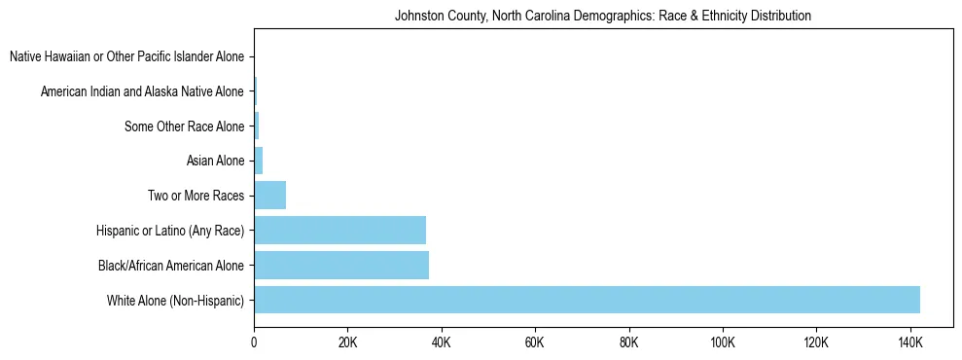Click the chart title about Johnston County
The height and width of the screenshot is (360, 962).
602,17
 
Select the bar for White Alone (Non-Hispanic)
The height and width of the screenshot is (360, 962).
587,300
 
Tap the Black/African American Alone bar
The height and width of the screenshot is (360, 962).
341,265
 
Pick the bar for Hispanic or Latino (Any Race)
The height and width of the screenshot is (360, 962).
339,230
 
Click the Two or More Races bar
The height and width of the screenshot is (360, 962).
269,196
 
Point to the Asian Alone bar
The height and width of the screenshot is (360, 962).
259,161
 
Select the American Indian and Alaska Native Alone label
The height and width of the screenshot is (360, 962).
142,91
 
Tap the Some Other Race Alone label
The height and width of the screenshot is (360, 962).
185,126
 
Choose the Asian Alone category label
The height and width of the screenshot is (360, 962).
215,161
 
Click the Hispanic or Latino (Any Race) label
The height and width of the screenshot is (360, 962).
170,231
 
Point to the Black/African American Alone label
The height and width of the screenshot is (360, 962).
171,265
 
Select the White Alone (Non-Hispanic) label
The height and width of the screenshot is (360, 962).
175,300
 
